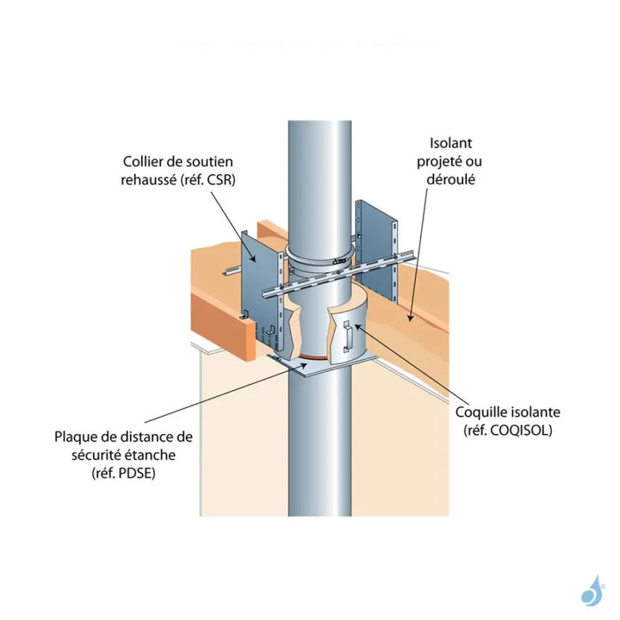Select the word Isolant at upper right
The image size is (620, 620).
451,143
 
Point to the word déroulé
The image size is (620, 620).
452,179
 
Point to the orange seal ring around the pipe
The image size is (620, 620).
310,359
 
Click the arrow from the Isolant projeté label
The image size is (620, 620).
418,255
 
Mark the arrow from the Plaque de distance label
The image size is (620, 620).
227,393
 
